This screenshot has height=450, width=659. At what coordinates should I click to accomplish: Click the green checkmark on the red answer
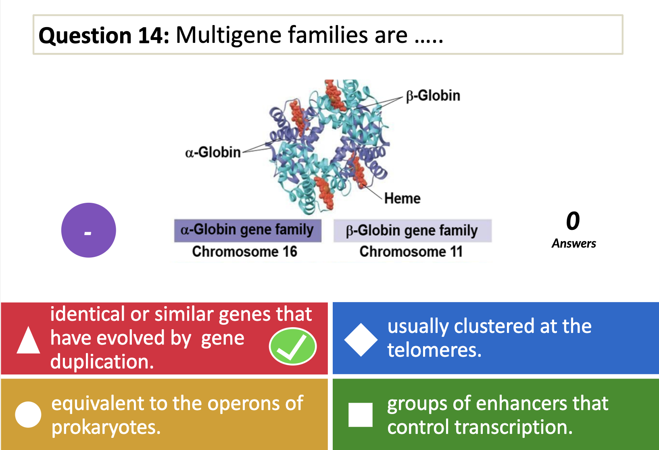pos(293,346)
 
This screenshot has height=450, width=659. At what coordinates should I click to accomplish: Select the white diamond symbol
pos(361,340)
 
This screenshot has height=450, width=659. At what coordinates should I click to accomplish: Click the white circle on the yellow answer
pos(28,414)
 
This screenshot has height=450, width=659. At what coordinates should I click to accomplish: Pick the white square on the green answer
pos(361,414)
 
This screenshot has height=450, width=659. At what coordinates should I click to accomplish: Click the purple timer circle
pos(89,230)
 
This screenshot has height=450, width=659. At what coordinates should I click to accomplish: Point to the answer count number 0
pos(573,221)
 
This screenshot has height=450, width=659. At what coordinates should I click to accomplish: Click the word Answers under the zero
pos(574,244)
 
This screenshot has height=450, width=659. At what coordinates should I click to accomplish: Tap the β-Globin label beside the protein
pos(433,96)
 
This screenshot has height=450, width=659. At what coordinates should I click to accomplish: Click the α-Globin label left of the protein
pos(213,152)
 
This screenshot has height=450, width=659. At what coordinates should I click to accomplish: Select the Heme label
pos(402,198)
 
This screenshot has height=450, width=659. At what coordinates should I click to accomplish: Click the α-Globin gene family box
pos(247,230)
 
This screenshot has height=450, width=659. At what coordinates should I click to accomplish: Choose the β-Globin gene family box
pos(412,231)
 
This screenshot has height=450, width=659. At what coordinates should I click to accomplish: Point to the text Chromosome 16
pos(244,252)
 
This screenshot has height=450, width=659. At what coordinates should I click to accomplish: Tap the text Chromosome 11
pos(411,252)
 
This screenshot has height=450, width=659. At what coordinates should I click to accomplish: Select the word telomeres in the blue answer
pos(434,350)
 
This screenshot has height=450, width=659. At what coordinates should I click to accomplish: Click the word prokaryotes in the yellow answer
pos(106,427)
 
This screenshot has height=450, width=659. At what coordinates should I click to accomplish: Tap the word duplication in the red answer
pos(102,362)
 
